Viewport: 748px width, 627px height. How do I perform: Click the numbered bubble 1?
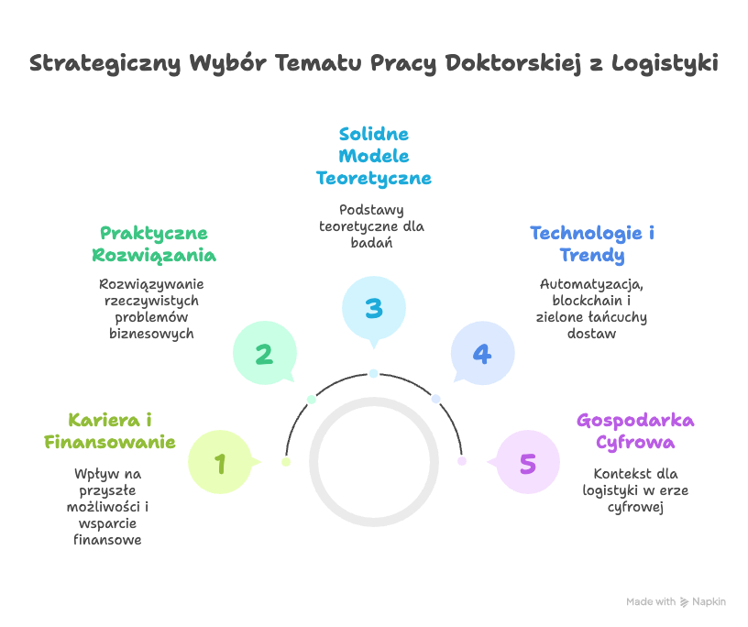[220, 463]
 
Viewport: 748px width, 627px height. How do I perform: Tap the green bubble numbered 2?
[264, 354]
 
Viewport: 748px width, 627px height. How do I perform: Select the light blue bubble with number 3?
[373, 308]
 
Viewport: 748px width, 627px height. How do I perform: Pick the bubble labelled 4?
[482, 354]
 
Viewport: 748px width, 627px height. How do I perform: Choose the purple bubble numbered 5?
[527, 463]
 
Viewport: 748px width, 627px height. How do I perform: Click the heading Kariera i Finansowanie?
[110, 431]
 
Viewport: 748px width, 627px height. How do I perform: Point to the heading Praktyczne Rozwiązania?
[154, 244]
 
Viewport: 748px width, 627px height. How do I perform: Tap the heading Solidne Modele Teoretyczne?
[373, 156]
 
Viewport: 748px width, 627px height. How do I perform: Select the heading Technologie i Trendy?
[592, 244]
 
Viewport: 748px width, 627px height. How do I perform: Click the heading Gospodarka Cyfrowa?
[635, 431]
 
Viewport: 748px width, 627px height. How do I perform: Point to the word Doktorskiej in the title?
[508, 64]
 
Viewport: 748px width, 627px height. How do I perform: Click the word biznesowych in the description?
[151, 334]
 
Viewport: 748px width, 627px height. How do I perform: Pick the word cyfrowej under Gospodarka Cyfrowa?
[635, 507]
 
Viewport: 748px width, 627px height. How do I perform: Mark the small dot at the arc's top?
[373, 373]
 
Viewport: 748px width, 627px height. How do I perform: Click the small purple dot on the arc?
[462, 461]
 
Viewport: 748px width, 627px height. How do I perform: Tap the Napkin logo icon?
[684, 602]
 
